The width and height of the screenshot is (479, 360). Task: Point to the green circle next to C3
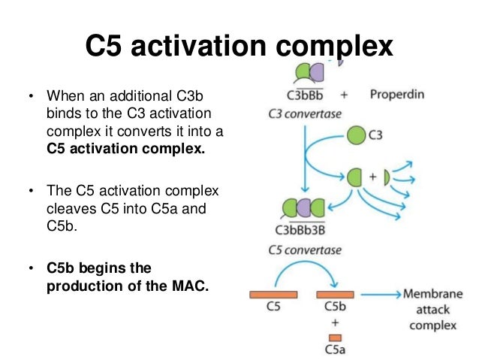point(357,135)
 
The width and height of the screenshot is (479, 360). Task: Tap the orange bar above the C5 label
point(273,295)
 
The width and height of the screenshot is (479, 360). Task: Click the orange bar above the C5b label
point(335,295)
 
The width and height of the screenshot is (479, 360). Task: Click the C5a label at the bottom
point(335,350)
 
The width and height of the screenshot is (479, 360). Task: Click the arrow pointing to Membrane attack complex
point(380,295)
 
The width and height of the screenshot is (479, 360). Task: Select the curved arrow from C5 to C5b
point(303,269)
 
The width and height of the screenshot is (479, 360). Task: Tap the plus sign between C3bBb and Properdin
point(344,95)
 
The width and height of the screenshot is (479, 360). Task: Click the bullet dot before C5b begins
point(30,268)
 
